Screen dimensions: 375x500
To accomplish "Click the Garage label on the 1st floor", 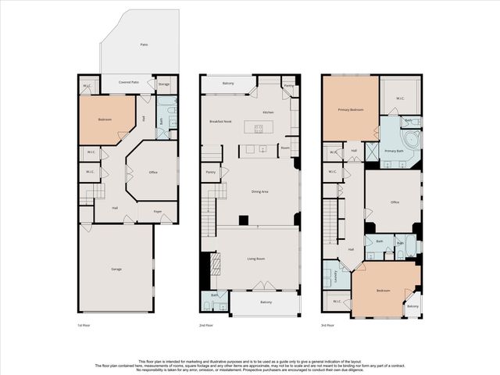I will click(116, 269).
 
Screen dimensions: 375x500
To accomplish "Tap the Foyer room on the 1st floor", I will click(157, 211).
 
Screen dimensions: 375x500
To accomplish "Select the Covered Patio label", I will click(129, 82).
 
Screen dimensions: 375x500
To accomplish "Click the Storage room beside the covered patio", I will click(164, 84).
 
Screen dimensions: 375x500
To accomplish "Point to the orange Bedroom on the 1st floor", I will click(105, 120).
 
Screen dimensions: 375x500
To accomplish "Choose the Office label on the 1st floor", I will click(153, 172).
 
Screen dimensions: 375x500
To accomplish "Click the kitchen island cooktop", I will click(258, 128).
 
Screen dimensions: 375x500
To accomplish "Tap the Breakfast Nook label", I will click(221, 122).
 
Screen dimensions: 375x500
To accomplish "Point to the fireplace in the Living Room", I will click(206, 270).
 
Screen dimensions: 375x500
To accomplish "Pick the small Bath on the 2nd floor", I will click(215, 300).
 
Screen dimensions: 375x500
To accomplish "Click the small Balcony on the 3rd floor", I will click(412, 305).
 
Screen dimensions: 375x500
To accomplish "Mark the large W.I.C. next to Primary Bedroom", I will click(399, 98).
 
